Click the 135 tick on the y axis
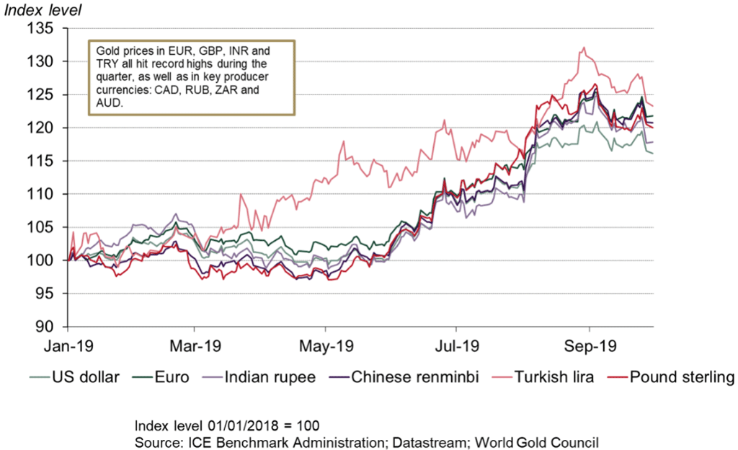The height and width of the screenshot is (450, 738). click(x=42, y=29)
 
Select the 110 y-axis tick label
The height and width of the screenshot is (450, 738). click(x=42, y=194)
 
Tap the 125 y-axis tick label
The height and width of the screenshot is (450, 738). click(x=42, y=95)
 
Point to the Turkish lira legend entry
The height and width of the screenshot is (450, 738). click(x=551, y=376)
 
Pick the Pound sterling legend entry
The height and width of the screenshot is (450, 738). click(x=681, y=376)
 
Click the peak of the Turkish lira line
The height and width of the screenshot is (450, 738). click(x=584, y=48)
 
